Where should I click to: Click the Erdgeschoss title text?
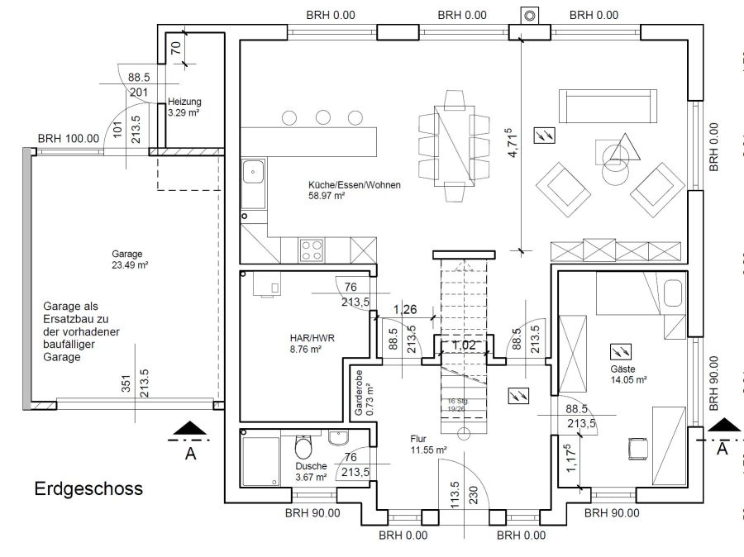coord(88,488)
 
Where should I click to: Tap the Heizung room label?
coord(184,107)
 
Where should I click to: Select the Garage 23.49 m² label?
coord(129,259)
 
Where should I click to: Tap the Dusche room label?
coord(312,472)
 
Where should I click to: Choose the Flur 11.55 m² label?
coord(427,445)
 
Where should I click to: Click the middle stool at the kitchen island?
coord(322,117)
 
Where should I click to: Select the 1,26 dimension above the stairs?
coord(405,311)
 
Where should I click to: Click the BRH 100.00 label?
coord(69,139)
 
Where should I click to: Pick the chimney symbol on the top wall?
coord(528,16)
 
